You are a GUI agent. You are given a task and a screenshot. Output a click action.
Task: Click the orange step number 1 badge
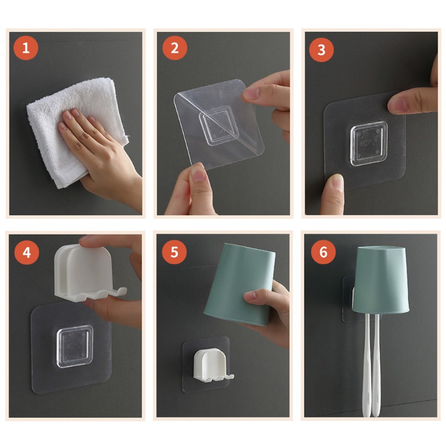[x=26, y=47]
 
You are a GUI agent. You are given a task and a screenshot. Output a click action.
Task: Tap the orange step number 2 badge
[x=174, y=48]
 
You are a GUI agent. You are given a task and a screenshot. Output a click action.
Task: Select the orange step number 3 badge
[x=322, y=50]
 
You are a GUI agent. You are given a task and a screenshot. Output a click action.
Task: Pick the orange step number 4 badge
[x=27, y=253]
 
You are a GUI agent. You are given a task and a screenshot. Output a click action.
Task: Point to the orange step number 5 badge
[x=174, y=252]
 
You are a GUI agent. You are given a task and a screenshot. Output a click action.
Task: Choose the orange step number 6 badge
[x=323, y=252]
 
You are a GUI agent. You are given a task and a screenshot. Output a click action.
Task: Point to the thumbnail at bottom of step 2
[x=198, y=173]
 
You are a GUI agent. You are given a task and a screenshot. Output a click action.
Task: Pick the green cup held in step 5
[x=239, y=284]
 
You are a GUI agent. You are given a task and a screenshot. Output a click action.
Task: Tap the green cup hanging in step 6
[x=380, y=279]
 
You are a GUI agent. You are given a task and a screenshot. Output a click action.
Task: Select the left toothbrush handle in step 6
[x=367, y=364]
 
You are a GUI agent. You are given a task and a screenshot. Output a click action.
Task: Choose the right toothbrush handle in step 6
[x=377, y=364]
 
